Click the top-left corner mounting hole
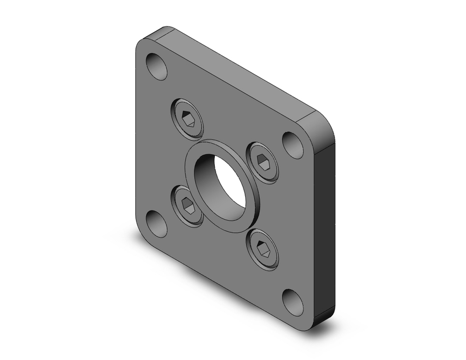tap(157, 66)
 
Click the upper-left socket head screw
tap(187, 118)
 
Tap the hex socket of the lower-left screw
tap(187, 205)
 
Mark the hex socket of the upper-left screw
tap(188, 119)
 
